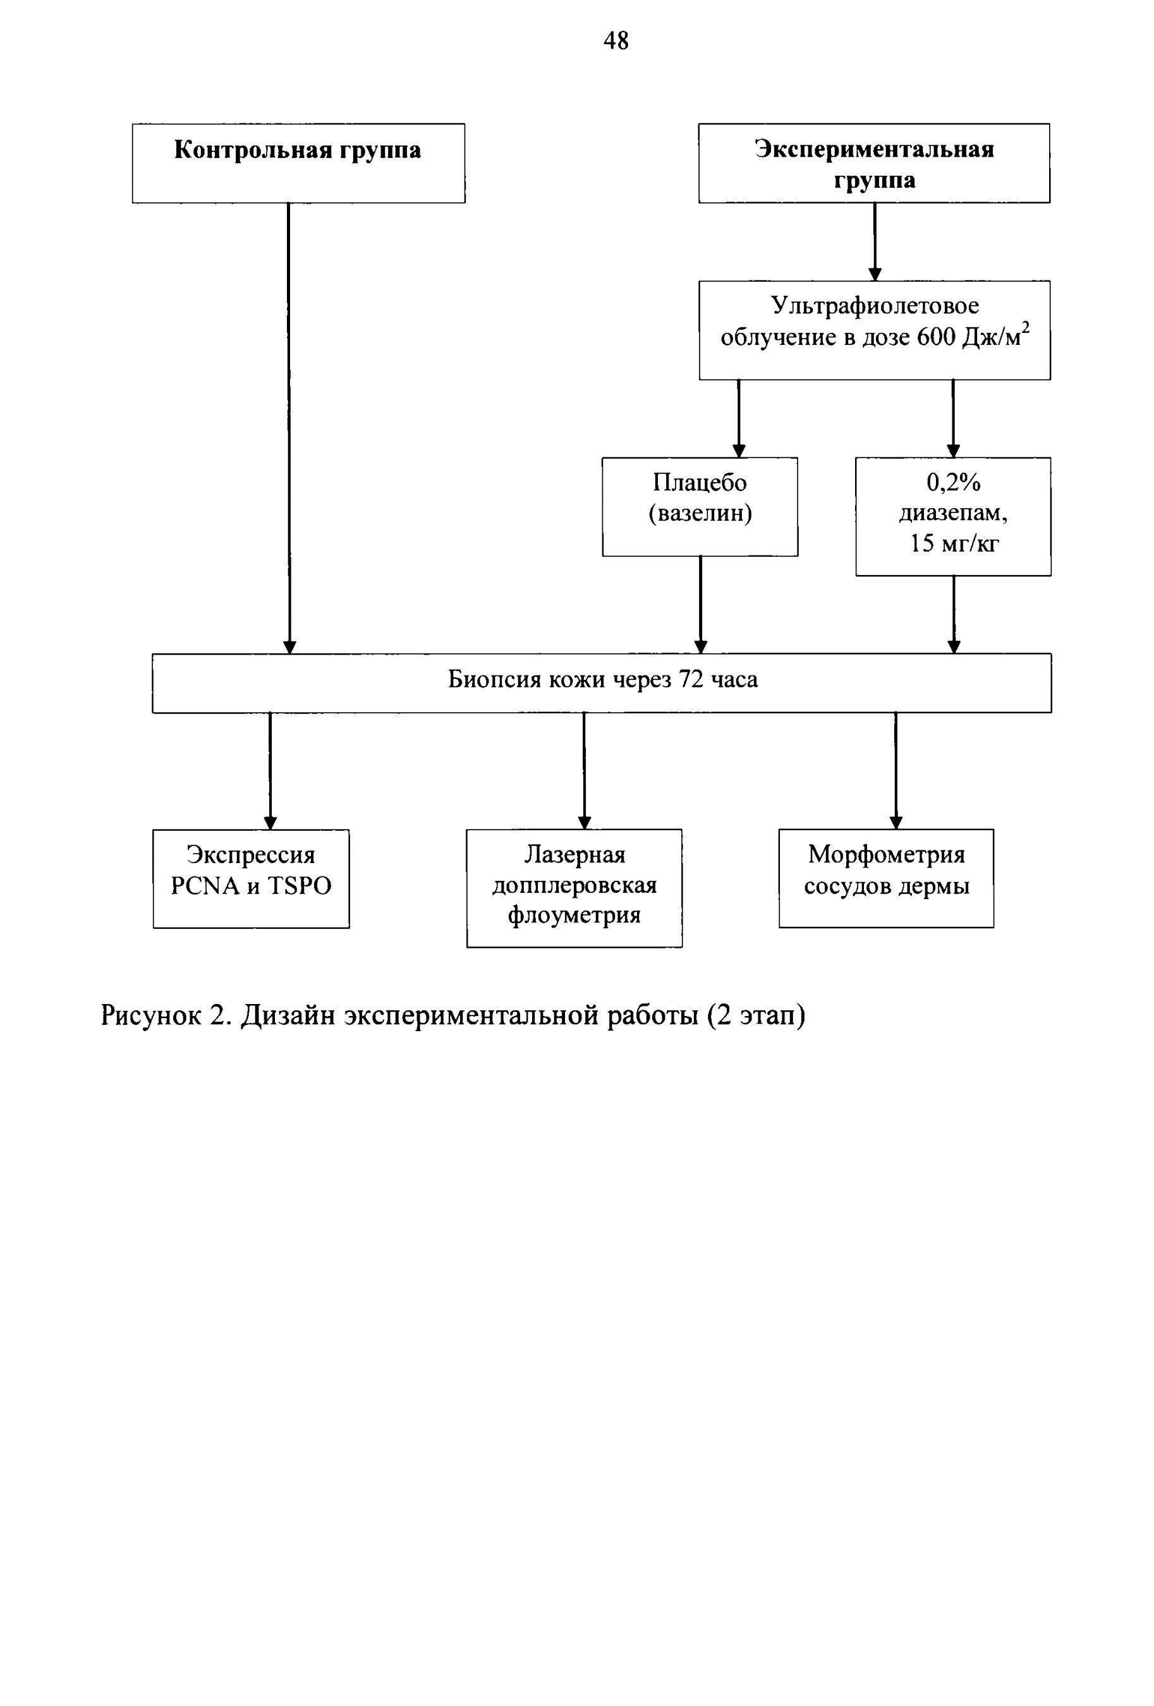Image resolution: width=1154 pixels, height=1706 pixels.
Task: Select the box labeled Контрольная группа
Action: (x=298, y=163)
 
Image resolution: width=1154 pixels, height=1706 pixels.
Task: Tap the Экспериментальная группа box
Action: (x=873, y=163)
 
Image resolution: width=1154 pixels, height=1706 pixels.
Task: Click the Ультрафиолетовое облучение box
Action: (x=874, y=330)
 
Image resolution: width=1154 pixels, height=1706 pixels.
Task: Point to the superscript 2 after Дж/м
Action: (x=1026, y=327)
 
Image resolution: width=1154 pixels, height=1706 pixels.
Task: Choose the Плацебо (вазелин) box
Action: (x=700, y=507)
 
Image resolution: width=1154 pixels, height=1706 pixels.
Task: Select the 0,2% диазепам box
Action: (x=953, y=517)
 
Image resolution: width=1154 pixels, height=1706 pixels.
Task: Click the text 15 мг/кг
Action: (x=954, y=543)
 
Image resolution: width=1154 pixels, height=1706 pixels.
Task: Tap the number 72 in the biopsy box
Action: (x=691, y=679)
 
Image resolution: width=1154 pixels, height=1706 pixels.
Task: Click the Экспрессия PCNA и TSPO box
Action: (x=251, y=879)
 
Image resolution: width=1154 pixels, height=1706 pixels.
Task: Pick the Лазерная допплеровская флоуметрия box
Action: (x=574, y=888)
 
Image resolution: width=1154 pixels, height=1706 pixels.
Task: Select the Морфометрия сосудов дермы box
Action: (x=886, y=878)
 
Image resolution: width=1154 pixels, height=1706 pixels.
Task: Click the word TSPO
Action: (x=299, y=886)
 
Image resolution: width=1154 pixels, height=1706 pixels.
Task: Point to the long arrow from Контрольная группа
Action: (x=289, y=428)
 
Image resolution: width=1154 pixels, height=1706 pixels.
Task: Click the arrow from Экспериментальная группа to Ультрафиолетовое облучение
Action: (x=874, y=241)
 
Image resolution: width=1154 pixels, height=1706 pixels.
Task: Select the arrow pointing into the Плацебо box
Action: (x=739, y=418)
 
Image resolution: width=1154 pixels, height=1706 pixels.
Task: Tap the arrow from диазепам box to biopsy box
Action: (x=954, y=614)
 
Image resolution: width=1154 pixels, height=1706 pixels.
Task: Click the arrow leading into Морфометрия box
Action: (x=896, y=771)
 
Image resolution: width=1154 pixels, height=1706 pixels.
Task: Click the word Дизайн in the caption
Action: (x=289, y=1015)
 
